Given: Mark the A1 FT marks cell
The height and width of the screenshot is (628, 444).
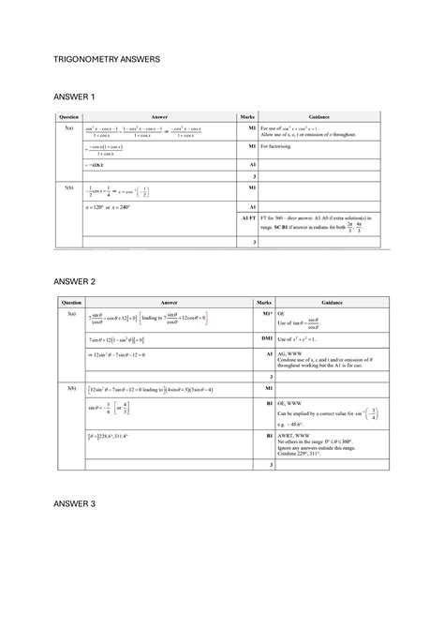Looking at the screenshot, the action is tap(248, 217).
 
